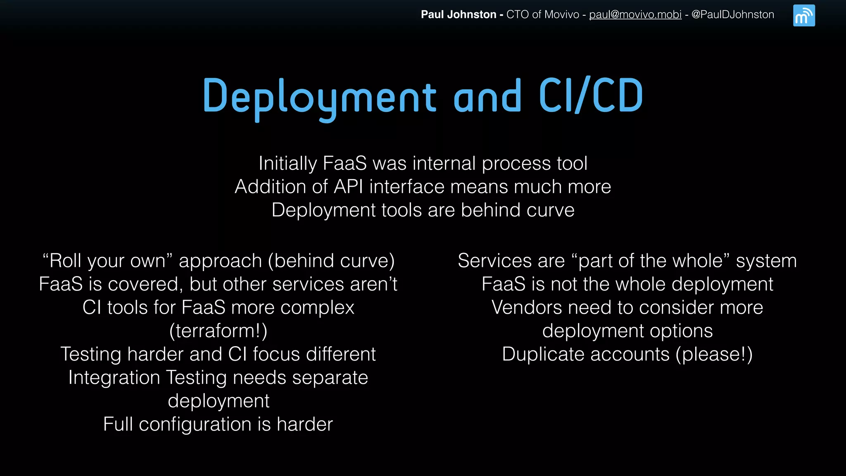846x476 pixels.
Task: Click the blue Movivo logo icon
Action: [803, 16]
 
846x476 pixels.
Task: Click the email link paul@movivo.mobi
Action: [635, 14]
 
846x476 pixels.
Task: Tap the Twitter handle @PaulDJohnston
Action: [732, 14]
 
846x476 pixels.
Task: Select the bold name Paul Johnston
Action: [458, 14]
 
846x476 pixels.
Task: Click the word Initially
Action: [288, 164]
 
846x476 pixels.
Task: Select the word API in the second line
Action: [348, 187]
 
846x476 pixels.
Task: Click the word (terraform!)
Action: [218, 331]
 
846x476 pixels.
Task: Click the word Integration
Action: [114, 378]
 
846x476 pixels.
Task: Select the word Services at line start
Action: [494, 261]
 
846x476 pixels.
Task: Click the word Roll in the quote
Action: [66, 261]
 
